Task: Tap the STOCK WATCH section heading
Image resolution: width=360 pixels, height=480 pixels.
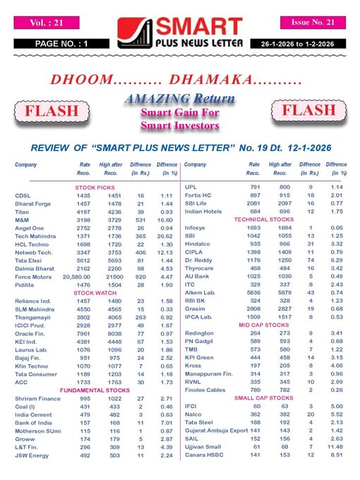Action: (x=95, y=272)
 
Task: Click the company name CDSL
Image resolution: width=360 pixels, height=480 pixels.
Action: (x=23, y=195)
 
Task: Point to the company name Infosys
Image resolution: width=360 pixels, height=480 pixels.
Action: (x=195, y=229)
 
